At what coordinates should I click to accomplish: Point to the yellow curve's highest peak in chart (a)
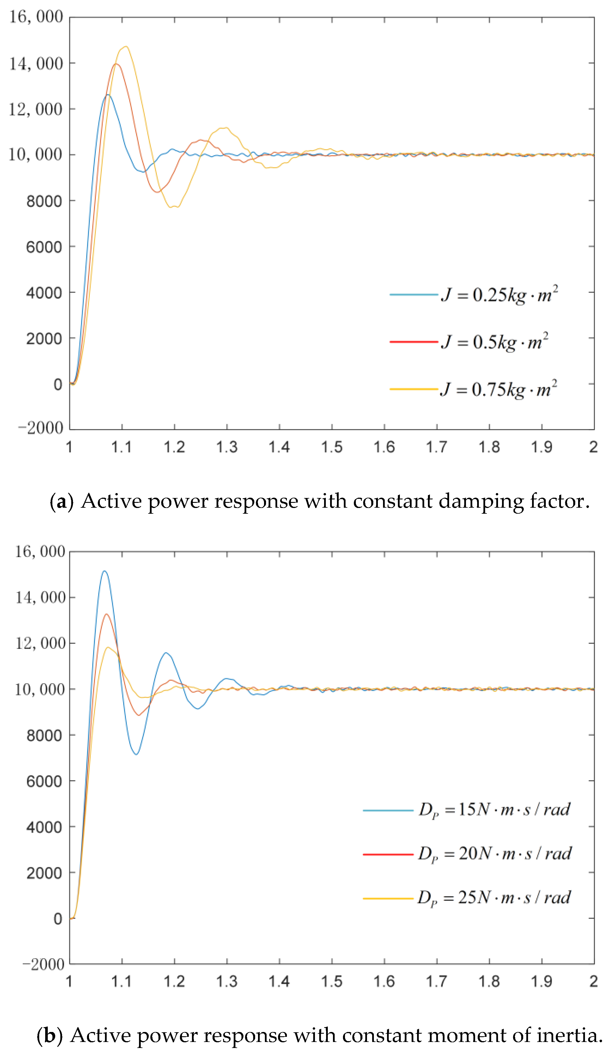(125, 47)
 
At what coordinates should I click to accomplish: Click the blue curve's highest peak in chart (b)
(104, 571)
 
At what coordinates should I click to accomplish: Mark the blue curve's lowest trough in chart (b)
(136, 754)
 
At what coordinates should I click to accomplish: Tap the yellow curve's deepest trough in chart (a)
(171, 207)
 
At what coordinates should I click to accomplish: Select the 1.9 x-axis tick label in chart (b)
(541, 981)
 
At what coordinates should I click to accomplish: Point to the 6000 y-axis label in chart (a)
(44, 247)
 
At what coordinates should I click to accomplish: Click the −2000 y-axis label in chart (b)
(43, 965)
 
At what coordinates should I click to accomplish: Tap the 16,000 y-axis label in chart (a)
(36, 17)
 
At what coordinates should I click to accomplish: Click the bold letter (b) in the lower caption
(50, 1036)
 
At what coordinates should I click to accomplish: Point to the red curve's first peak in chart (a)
(116, 64)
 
